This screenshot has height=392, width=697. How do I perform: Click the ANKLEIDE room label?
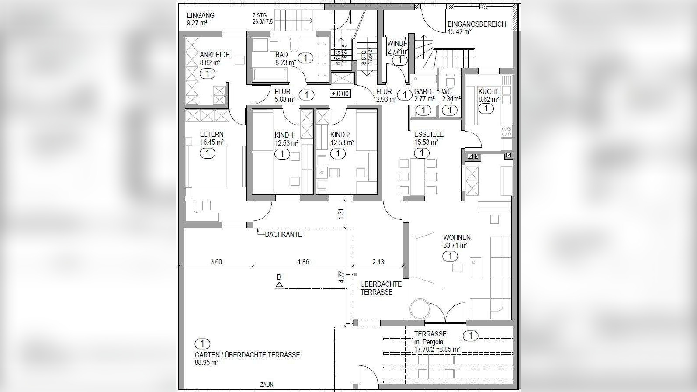[x=215, y=55]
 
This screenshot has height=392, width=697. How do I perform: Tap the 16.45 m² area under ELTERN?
[x=212, y=142]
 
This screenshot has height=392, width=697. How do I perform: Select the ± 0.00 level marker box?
[x=340, y=94]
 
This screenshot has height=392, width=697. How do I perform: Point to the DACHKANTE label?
[x=284, y=235]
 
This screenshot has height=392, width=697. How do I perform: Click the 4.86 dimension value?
[x=303, y=262]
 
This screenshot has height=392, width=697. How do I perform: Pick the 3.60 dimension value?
[x=216, y=262]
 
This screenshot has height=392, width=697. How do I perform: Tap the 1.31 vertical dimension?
[x=341, y=214]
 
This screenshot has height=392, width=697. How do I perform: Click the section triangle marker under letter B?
[x=279, y=284]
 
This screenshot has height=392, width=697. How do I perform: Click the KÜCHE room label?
[x=489, y=91]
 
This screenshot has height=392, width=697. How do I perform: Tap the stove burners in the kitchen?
[x=506, y=131]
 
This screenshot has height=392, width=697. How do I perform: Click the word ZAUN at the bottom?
[x=267, y=385]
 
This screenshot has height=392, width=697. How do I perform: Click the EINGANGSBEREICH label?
[x=477, y=24]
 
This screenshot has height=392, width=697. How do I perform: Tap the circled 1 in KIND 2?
[x=338, y=154]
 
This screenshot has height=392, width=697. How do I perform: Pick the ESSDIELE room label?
[x=429, y=135]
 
